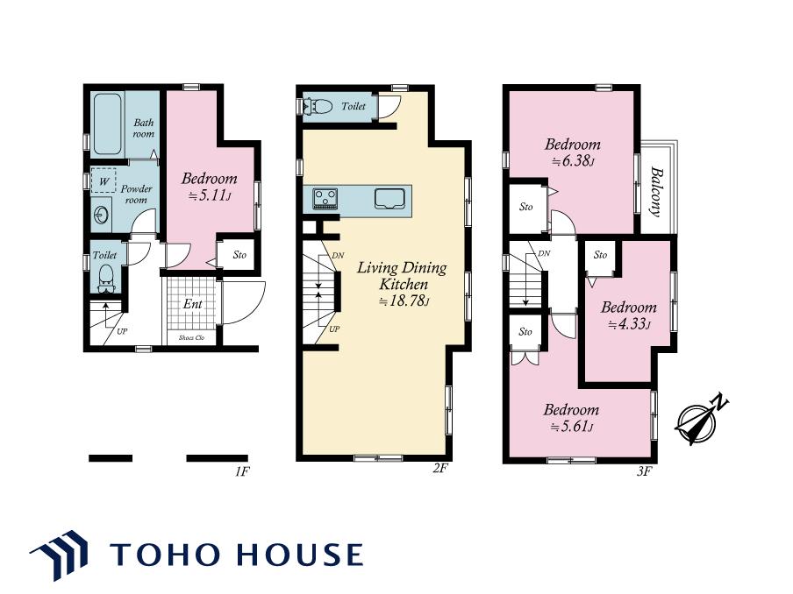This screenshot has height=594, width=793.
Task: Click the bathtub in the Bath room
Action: point(107,124)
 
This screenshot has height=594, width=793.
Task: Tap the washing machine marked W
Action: point(104,180)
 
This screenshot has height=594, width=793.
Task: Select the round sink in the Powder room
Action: point(101,216)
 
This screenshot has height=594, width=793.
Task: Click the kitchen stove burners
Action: point(325,198)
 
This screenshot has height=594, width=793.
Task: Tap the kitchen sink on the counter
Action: point(389,198)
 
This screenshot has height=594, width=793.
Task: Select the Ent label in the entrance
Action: point(193,303)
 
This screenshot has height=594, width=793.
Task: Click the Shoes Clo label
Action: point(191,337)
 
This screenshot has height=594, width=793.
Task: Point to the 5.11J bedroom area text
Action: point(210,196)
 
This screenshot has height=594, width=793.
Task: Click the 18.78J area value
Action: point(404,301)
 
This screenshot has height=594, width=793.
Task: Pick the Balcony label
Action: point(656,192)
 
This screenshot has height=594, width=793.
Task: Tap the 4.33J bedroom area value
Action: point(629,324)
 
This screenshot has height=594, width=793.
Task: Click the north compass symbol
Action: point(700,419)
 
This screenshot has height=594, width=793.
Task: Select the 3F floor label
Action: point(644,471)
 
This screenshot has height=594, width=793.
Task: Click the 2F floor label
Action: point(440,468)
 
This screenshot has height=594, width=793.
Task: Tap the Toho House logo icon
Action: point(59,554)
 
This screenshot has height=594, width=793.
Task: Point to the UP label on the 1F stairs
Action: point(122,332)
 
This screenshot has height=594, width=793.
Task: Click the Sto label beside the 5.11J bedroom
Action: point(239,255)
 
